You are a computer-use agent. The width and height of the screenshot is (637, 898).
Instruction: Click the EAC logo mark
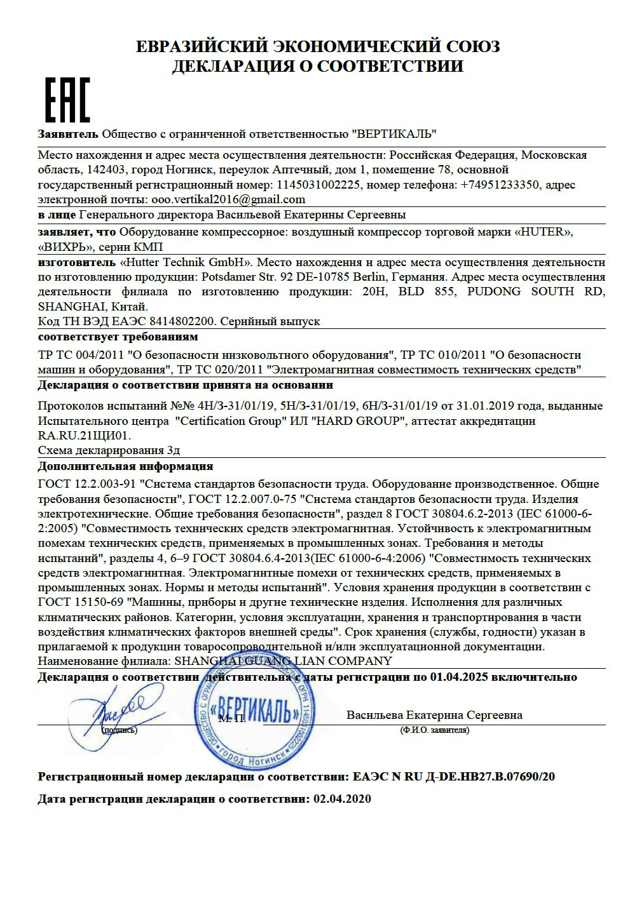tap(67, 100)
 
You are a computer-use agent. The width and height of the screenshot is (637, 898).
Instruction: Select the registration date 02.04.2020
tap(342, 799)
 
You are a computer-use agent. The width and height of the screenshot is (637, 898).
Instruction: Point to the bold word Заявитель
tap(68, 134)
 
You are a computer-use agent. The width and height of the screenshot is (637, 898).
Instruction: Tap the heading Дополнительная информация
tap(125, 466)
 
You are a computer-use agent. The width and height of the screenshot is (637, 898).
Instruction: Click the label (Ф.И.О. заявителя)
tap(435, 730)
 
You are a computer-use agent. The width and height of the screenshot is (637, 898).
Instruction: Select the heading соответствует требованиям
tap(118, 337)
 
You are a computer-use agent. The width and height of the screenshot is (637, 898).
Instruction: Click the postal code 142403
tap(105, 170)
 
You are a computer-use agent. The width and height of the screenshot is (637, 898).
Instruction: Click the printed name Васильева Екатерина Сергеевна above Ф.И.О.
tap(434, 715)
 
